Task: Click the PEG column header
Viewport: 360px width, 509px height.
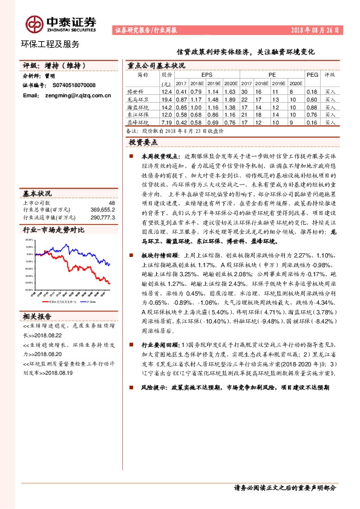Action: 312,74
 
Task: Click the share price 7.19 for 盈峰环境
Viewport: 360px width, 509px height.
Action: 167,122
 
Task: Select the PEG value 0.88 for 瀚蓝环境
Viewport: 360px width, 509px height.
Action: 312,106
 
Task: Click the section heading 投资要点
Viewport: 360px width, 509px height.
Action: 143,142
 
